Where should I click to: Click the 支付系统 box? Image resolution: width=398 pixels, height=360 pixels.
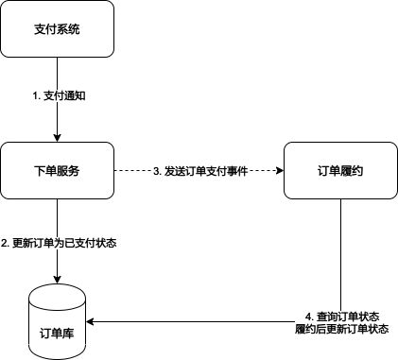(57, 28)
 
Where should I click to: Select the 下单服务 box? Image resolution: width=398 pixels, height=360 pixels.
(57, 171)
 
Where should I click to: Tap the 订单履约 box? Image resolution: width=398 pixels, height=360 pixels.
(340, 171)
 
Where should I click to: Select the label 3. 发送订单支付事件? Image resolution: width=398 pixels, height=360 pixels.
(199, 171)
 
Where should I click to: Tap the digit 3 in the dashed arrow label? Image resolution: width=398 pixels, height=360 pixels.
(157, 171)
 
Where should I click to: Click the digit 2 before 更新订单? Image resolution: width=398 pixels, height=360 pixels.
(6, 243)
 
